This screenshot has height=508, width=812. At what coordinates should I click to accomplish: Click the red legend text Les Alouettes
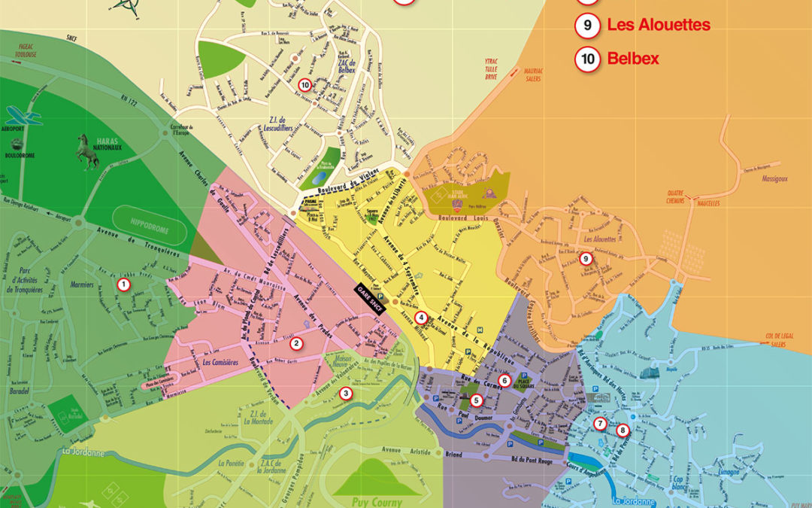659,25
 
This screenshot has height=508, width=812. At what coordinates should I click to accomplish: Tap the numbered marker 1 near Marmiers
123,284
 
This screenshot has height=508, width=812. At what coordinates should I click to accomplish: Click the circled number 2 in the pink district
296,344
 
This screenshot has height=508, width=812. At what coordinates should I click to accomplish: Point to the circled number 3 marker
345,392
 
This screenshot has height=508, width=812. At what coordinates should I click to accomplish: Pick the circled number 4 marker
421,318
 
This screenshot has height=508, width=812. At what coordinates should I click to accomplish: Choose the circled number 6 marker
504,381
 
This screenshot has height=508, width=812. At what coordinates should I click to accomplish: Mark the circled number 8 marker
622,430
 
